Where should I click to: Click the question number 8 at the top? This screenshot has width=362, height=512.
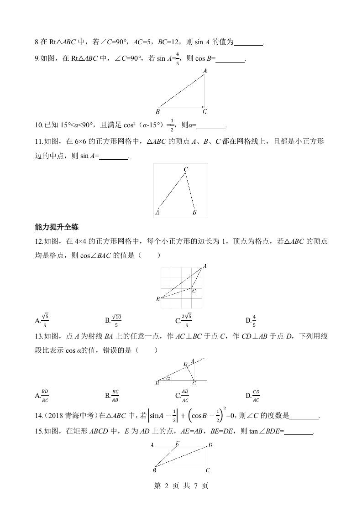(x=37, y=42)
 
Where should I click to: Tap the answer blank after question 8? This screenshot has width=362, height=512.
(x=248, y=42)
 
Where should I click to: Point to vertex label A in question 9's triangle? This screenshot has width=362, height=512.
(x=205, y=71)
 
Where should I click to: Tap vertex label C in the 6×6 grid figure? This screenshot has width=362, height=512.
(x=185, y=169)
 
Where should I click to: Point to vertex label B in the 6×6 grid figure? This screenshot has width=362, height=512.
(x=194, y=212)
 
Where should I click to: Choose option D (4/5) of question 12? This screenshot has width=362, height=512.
(x=253, y=320)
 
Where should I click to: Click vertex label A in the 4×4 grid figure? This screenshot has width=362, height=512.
(x=205, y=266)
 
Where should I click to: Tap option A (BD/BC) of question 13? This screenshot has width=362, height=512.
(x=43, y=395)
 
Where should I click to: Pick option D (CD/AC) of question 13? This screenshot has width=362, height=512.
(x=254, y=395)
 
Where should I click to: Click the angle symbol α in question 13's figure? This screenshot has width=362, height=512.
(x=168, y=378)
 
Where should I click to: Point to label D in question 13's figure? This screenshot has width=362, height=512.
(x=185, y=364)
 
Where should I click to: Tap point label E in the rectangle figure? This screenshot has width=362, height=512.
(x=177, y=443)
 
